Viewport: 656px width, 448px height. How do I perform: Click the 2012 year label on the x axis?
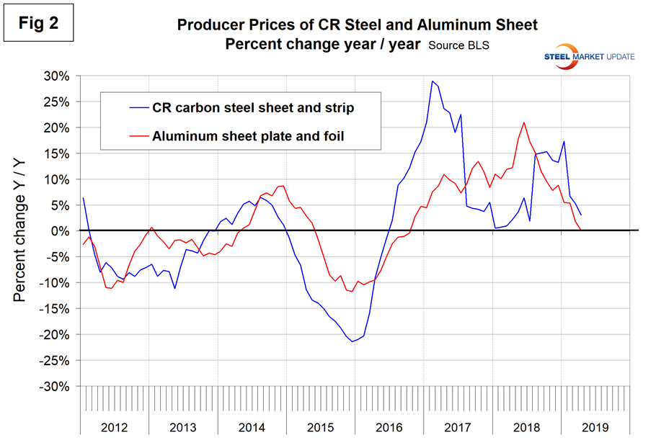coord(115,427)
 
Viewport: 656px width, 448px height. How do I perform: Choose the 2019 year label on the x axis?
coord(594,427)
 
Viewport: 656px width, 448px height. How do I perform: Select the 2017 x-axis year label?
coord(458,427)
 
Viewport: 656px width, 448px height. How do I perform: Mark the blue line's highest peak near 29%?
coord(432,81)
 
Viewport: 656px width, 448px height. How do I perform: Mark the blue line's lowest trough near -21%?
coord(353,341)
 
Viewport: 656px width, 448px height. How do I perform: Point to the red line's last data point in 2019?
coord(581,230)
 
